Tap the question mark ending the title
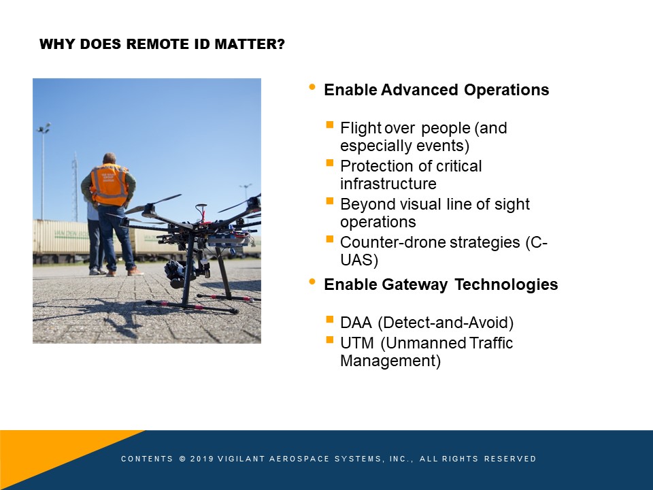click(281, 44)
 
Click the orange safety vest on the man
click(110, 184)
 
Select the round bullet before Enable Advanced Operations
click(312, 87)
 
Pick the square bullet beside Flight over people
click(330, 125)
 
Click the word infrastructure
click(388, 184)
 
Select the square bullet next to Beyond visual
click(330, 201)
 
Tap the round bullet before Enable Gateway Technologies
click(312, 282)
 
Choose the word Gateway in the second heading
click(415, 284)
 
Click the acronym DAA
click(356, 323)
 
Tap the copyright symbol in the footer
click(182, 459)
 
